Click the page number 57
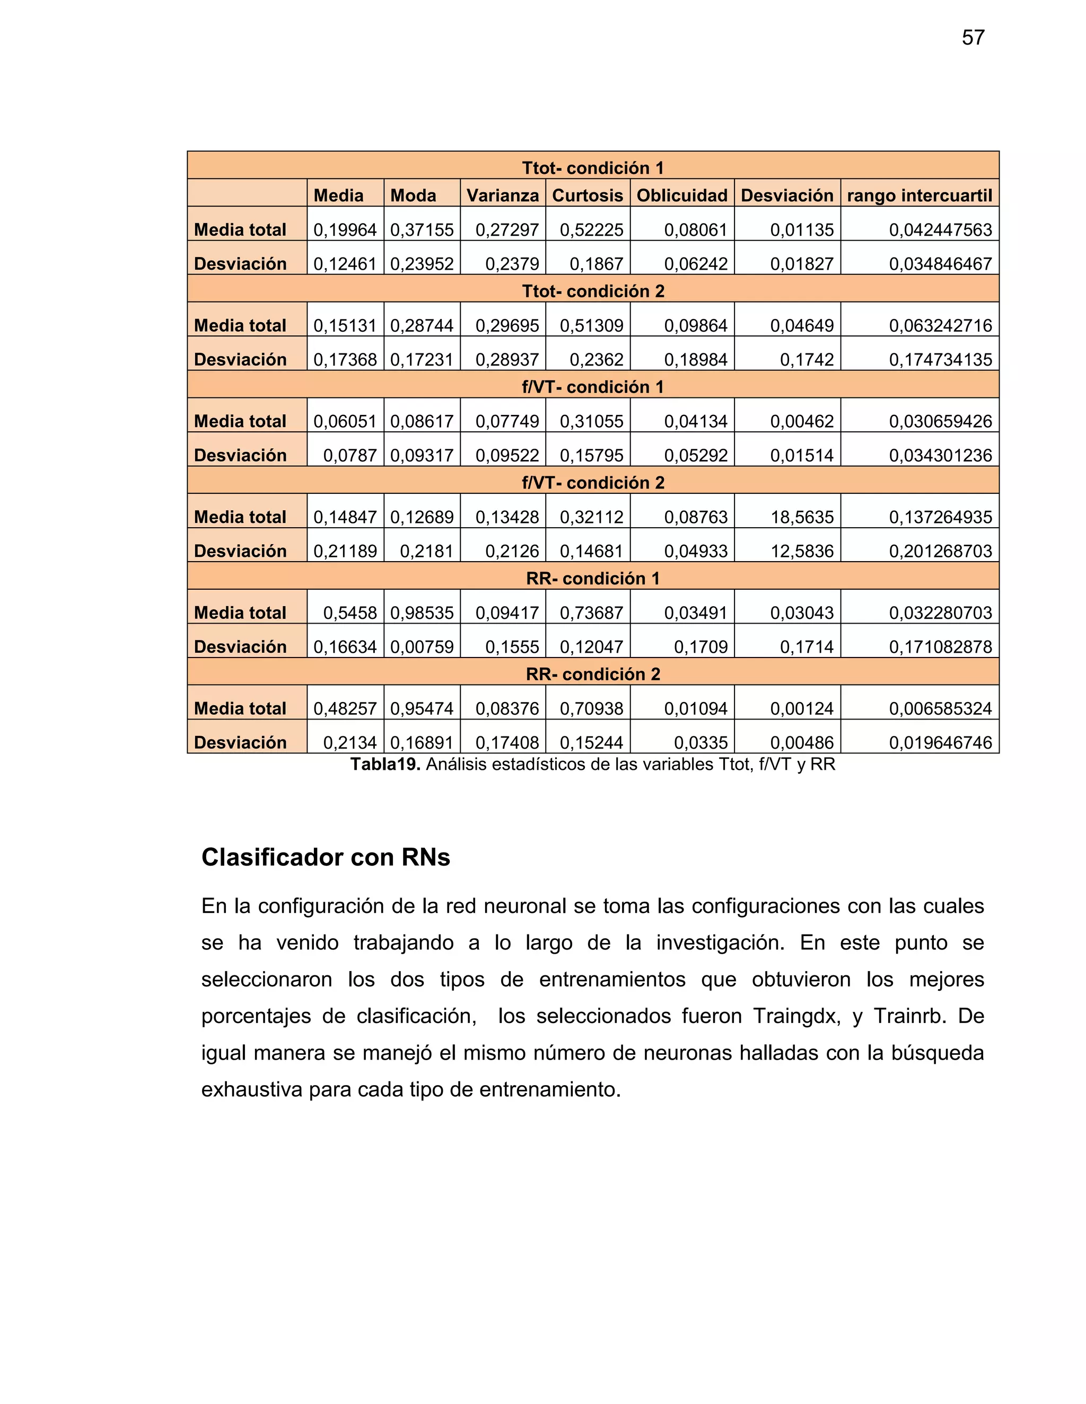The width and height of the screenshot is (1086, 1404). (973, 38)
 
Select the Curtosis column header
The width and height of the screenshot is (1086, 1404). (588, 196)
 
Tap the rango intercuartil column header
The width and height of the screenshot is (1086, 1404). (919, 196)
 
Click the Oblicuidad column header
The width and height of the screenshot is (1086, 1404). (682, 196)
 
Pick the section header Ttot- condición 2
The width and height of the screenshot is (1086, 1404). (592, 291)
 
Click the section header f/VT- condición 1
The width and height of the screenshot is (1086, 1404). (592, 387)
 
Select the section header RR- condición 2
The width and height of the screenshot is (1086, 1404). (592, 674)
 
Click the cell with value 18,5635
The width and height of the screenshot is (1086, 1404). (802, 518)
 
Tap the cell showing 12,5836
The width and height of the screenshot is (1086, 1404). (802, 552)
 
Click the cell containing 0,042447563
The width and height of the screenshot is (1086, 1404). (940, 230)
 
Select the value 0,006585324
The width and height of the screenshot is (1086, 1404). (940, 709)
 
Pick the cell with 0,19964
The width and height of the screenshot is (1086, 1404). (345, 230)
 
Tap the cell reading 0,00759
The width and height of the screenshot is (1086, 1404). (422, 647)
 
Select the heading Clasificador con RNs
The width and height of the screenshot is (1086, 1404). (326, 858)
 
